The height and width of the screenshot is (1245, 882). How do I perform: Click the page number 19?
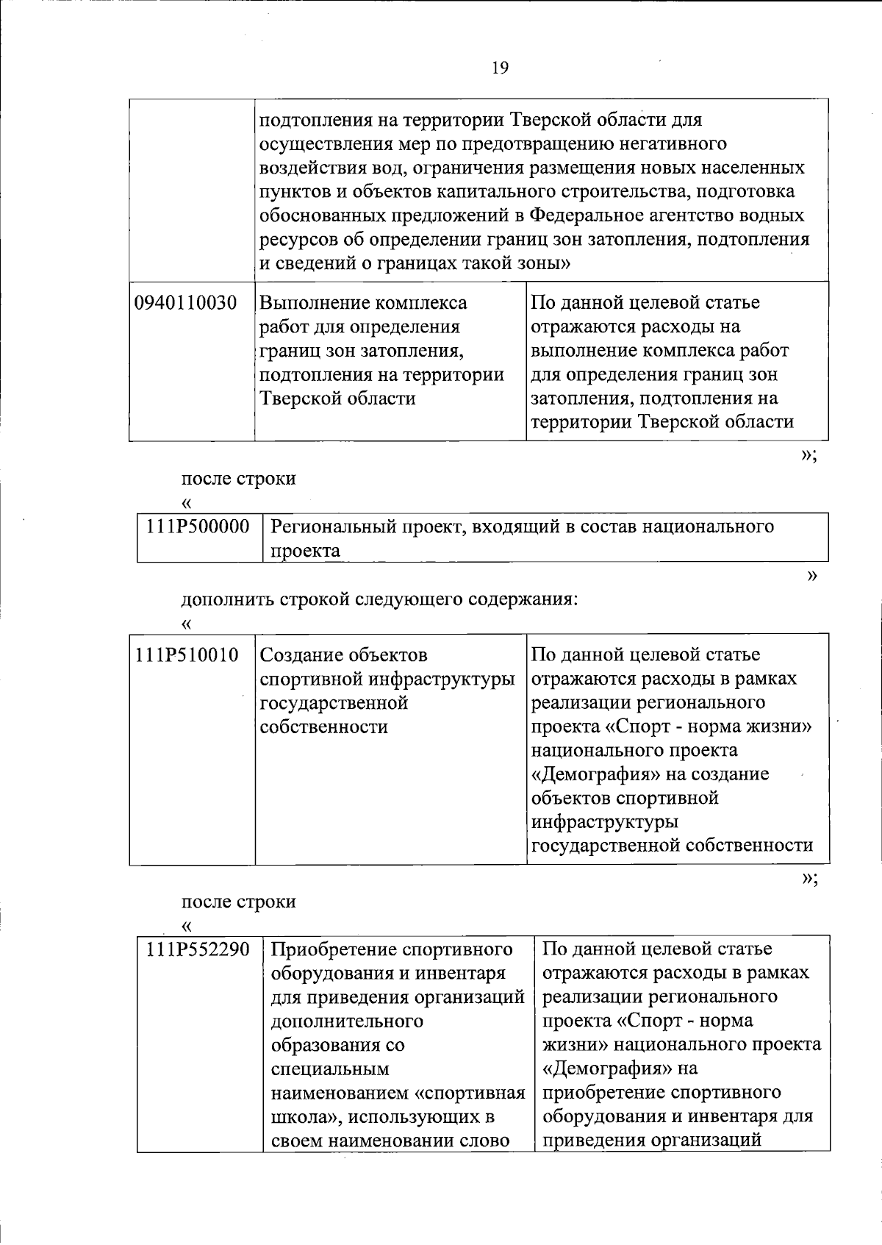499,68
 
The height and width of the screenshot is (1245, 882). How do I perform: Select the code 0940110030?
186,303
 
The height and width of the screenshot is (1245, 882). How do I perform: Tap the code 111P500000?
198,527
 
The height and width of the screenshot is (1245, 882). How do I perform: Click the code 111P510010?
187,654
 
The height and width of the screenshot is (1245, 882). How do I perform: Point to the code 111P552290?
198,949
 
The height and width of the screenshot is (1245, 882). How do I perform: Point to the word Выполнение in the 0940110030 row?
312,303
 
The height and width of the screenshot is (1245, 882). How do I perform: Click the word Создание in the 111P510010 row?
301,654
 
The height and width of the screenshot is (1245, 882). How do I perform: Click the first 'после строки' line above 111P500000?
238,479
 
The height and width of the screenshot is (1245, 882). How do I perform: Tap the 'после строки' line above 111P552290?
238,902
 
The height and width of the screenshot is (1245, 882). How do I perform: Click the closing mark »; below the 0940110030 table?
808,455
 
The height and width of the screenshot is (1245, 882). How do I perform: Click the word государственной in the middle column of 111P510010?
334,703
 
